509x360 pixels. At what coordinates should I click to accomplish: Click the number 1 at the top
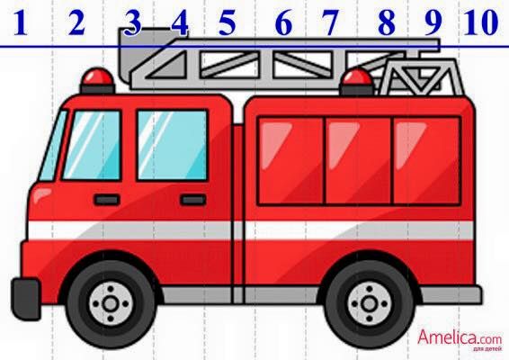[x=21, y=22]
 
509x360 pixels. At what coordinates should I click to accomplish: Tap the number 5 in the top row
[x=227, y=22]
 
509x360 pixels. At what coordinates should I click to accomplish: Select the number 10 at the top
[x=481, y=22]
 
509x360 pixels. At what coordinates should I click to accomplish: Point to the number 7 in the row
[x=330, y=22]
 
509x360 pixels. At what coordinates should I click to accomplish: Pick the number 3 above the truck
[x=133, y=22]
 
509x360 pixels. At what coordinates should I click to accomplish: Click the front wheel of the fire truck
[x=111, y=305]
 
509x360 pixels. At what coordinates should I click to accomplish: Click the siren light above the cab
[x=97, y=81]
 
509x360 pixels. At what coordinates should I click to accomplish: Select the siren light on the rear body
[x=357, y=80]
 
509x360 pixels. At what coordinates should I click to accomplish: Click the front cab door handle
[x=106, y=199]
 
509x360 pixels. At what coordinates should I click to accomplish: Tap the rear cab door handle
[x=192, y=199]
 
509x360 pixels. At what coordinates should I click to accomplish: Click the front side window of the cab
[x=93, y=144]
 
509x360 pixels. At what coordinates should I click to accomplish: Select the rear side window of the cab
[x=172, y=144]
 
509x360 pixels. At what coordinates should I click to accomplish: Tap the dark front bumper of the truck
[x=25, y=297]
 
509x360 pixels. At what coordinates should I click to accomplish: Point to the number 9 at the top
[x=433, y=22]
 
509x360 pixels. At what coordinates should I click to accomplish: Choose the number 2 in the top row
[x=76, y=22]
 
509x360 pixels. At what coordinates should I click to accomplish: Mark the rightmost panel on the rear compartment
[x=425, y=160]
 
